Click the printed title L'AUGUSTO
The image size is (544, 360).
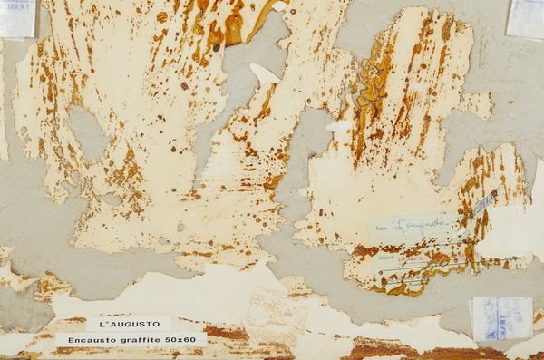click(x=129, y=323)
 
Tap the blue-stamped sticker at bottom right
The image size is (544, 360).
click(x=500, y=318)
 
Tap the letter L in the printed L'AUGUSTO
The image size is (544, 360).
click(x=102, y=323)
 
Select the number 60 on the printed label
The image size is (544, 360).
click(x=194, y=339)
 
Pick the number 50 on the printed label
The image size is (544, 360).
click(x=179, y=339)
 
